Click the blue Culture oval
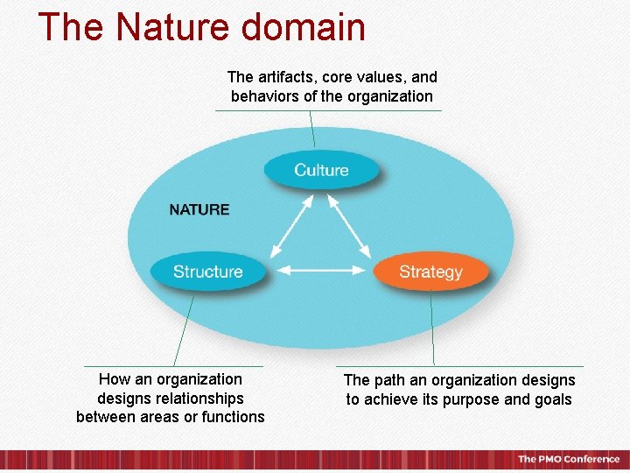click(321, 170)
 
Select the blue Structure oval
click(207, 272)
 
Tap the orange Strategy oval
click(430, 272)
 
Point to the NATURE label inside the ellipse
click(199, 209)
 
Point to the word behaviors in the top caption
click(265, 96)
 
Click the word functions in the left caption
click(233, 417)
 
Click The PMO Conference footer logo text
click(568, 459)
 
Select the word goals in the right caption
click(553, 399)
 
